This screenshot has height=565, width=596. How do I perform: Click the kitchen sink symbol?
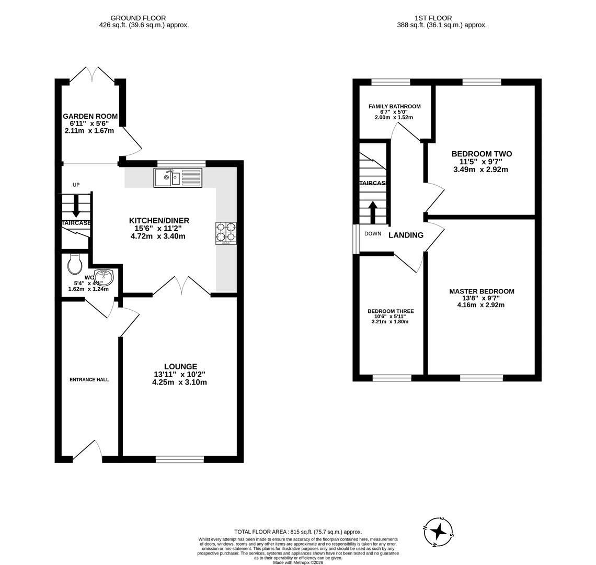point(178,178)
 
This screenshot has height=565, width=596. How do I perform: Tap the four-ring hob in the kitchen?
point(226,233)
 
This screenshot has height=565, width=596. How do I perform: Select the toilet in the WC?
point(75,264)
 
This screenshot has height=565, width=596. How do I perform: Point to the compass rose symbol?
point(438,532)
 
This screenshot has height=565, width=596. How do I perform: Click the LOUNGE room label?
point(180,367)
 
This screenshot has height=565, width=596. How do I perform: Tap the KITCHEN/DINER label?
point(159,221)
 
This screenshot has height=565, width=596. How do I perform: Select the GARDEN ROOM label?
point(90,116)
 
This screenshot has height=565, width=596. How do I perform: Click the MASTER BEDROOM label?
point(482,291)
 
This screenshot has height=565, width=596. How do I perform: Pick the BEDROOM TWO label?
point(482,154)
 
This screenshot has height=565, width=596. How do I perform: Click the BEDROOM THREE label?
point(391,311)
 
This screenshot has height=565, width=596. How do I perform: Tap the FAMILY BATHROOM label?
point(394,106)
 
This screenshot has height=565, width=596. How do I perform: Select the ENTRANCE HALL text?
point(89,379)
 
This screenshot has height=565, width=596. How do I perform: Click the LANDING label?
point(406,235)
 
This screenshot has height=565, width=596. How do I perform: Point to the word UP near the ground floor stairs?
point(76,185)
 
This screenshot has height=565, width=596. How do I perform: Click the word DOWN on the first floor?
point(373,233)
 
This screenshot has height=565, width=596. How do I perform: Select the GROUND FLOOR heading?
point(138,18)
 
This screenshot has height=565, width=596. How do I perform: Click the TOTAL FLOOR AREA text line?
point(298,532)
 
